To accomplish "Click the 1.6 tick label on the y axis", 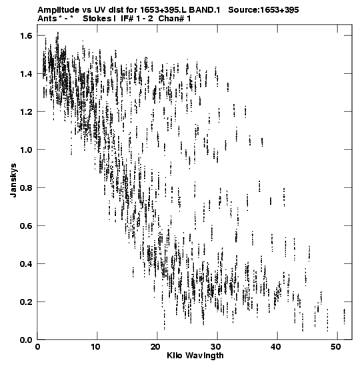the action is pos(26,36).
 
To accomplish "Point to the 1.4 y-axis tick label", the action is pos(26,74).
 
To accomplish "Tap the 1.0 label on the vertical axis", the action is pos(26,149).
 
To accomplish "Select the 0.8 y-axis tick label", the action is pos(26,188).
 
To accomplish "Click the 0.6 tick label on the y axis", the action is pos(26,226).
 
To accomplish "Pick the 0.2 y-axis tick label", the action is pos(26,302).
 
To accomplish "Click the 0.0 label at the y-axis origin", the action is pos(26,340).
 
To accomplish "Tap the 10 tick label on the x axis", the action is pos(95,347).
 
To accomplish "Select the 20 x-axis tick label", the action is pos(155,347).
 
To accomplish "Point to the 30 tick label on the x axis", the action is pos(215,347).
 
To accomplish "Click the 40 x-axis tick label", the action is pos(275,347).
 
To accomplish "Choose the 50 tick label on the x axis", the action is pos(335,347).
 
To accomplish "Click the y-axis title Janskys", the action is pos(13,180).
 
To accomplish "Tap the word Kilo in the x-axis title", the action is pos(175,356).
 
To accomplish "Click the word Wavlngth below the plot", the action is pos(205,356).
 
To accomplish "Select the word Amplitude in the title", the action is pos(58,10).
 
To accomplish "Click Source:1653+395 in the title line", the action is pos(263,10).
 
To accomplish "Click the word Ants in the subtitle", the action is pos(47,19).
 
